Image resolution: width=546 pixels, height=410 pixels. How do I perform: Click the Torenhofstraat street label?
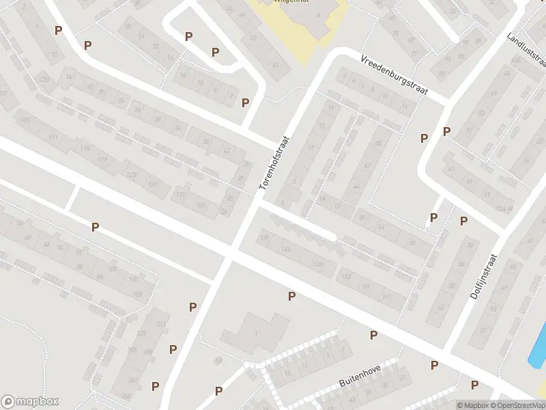[275, 163]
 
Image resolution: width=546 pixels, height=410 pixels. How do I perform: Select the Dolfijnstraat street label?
[485, 278]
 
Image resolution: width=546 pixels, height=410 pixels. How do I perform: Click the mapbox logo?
[29, 401]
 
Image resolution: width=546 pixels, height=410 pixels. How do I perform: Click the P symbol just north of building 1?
[292, 296]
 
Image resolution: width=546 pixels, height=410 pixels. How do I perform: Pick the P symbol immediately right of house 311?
[193, 307]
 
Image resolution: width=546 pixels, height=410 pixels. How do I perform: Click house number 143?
[286, 249]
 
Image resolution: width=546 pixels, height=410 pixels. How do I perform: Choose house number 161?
[388, 296]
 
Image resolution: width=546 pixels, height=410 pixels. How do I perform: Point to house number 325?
[141, 333]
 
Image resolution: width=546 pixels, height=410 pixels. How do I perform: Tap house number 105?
[26, 121]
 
